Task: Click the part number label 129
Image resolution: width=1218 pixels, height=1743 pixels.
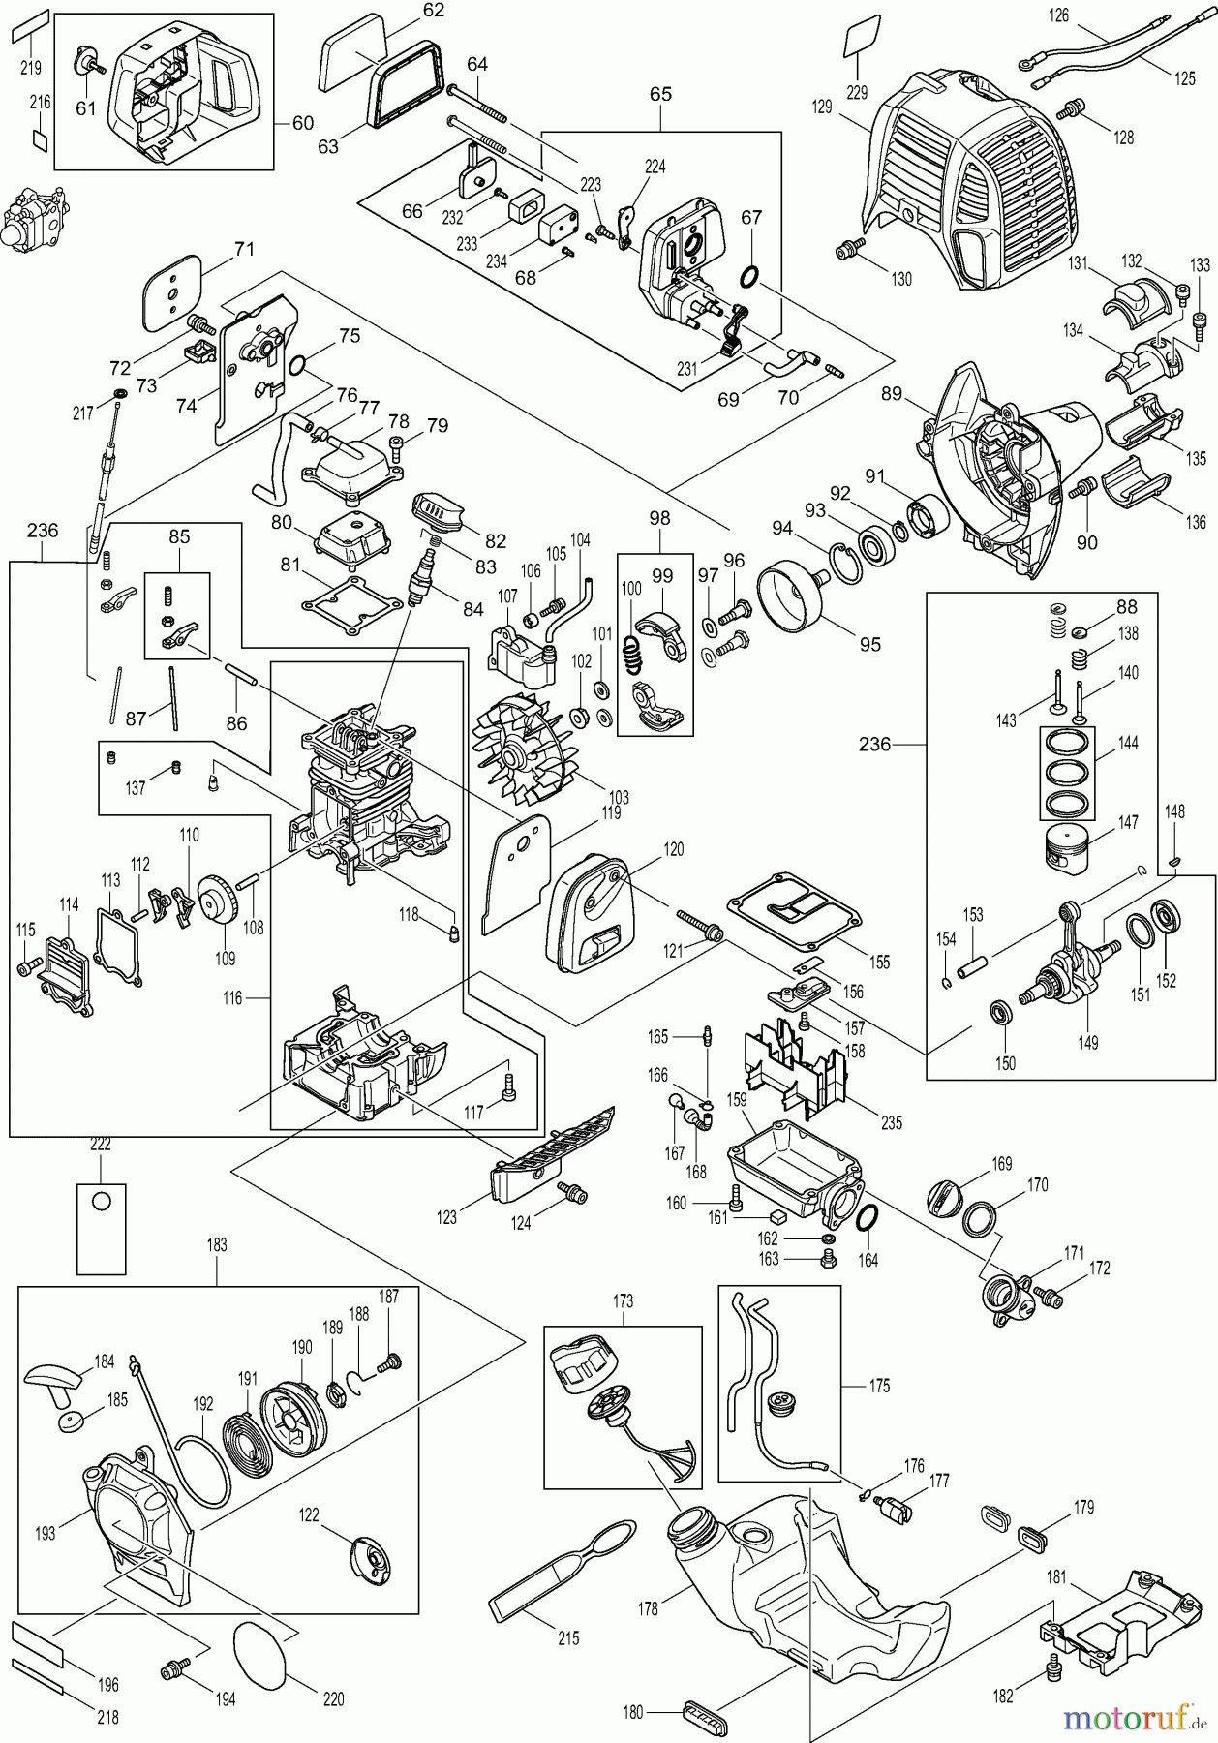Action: (x=822, y=107)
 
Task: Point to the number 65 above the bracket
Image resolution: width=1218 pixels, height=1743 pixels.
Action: (x=660, y=95)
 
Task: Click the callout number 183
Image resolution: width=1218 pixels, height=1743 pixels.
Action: (x=217, y=1245)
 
